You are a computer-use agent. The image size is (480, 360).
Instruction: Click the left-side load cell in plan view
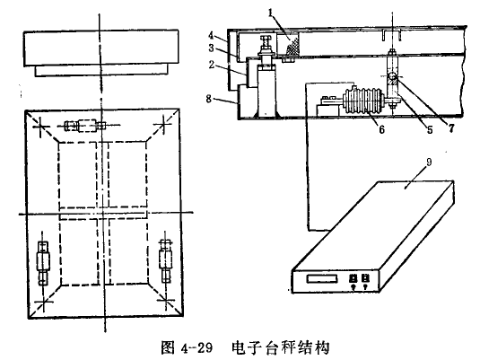click(44, 262)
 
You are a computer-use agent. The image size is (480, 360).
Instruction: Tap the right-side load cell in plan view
click(165, 261)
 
